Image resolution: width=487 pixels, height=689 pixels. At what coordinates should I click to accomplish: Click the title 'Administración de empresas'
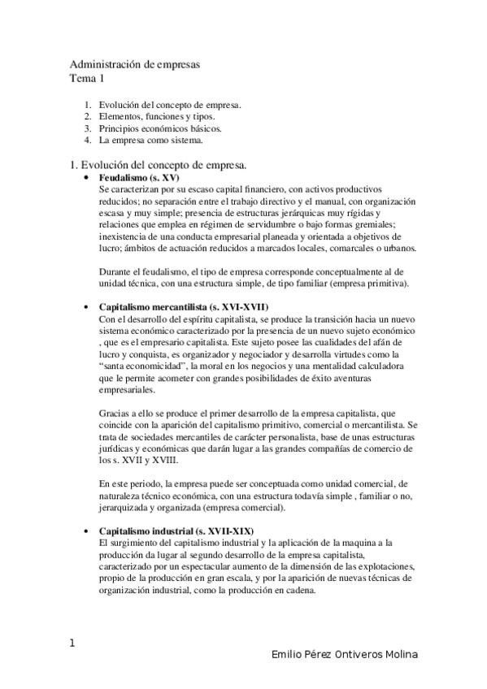[x=135, y=63]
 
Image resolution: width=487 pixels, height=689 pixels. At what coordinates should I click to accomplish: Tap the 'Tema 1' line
[x=87, y=78]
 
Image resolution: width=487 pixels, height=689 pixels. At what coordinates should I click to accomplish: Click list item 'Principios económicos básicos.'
[x=160, y=128]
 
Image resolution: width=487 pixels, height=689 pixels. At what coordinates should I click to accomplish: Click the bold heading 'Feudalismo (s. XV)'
[x=139, y=176]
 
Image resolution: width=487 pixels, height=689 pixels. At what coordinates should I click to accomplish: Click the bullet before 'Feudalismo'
[x=86, y=176]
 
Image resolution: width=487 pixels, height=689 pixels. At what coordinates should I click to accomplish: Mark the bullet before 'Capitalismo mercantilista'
[x=86, y=308]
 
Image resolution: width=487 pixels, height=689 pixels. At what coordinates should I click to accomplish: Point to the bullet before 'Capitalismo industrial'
[x=86, y=531]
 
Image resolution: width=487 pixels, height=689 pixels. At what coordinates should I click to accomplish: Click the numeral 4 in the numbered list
[x=87, y=140]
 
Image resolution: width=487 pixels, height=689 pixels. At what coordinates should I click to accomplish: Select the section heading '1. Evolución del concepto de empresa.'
[x=159, y=164]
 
